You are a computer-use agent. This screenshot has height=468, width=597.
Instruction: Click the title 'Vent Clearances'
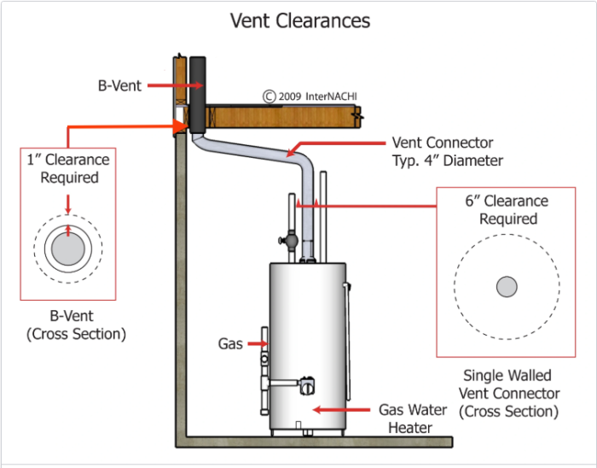(300, 20)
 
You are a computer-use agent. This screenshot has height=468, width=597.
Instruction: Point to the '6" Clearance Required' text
(507, 210)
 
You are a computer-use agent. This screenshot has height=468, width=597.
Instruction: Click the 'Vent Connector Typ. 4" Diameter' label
(442, 151)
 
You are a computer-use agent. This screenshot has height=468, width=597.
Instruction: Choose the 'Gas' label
(230, 344)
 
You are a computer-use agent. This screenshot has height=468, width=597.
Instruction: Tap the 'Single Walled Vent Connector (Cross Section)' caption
(509, 393)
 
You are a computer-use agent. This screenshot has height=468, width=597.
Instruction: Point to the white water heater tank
(309, 342)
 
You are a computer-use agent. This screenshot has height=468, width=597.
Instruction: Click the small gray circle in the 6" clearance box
(507, 286)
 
